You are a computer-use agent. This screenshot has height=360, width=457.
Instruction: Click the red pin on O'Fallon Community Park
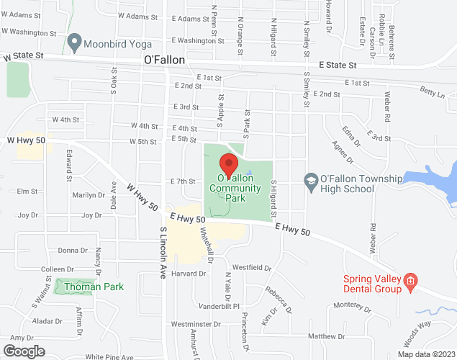(x=228, y=163)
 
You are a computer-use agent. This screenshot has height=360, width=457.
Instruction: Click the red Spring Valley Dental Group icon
(x=410, y=280)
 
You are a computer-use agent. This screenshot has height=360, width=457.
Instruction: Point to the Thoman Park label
(x=94, y=287)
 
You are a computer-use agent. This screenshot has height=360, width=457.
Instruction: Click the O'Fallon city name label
(x=164, y=60)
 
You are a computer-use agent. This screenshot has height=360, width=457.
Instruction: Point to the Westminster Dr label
(x=196, y=325)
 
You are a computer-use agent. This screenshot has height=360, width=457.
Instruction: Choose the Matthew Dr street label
(x=327, y=336)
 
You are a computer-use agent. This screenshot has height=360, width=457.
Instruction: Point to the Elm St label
(x=27, y=192)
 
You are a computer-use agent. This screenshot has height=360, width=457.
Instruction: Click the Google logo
(x=23, y=351)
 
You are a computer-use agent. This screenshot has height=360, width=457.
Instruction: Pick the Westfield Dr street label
(x=253, y=268)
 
